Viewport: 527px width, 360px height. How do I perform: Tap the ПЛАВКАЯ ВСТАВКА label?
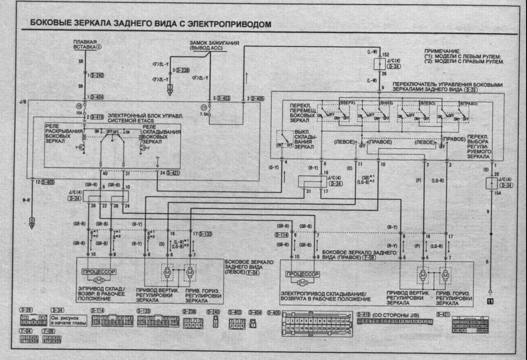(85, 44)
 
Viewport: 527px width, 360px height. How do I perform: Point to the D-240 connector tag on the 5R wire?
(97, 75)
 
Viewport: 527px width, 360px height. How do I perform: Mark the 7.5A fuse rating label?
(204, 115)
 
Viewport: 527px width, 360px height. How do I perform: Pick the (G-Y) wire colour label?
(275, 168)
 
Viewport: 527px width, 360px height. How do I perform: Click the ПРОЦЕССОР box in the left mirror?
(98, 272)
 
